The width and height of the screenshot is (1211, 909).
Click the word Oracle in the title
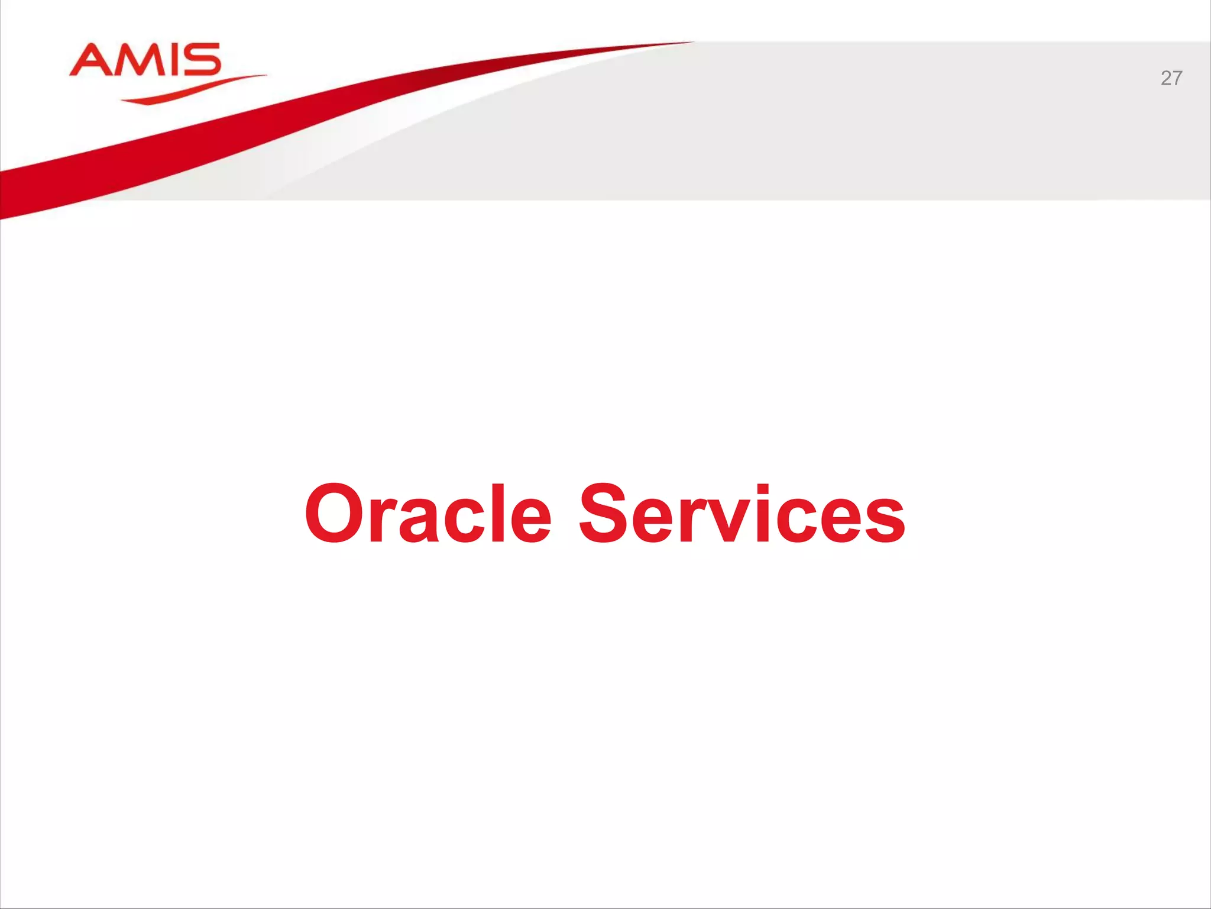(428, 514)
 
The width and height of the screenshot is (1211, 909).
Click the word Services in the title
(742, 514)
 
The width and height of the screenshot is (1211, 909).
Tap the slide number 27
(1171, 78)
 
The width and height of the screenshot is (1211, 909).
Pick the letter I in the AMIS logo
(172, 60)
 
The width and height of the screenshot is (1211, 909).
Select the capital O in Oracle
(335, 513)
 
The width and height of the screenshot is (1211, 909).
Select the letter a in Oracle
(419, 521)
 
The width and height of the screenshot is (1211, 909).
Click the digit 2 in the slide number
(1165, 78)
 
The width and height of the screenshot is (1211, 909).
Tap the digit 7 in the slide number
(1177, 78)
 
